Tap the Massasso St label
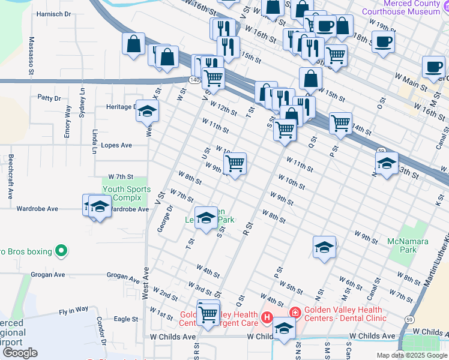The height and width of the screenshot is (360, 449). [x=31, y=53]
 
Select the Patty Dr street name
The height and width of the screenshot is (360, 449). [x=49, y=97]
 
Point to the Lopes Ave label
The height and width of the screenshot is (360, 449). [x=117, y=145]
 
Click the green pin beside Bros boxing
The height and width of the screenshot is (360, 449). [x=59, y=250]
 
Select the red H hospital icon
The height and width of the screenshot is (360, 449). [x=267, y=316]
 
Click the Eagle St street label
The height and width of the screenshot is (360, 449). [x=126, y=319]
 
